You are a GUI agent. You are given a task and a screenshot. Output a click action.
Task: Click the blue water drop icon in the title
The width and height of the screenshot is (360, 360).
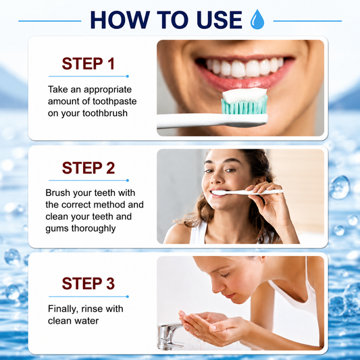click(x=257, y=20)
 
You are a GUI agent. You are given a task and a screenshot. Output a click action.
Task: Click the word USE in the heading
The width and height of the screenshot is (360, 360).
click(x=220, y=20)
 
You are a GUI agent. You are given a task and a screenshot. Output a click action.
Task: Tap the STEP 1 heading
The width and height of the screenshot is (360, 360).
click(x=88, y=63)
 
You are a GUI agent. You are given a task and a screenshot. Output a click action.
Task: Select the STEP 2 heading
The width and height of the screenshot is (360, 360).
click(x=88, y=168)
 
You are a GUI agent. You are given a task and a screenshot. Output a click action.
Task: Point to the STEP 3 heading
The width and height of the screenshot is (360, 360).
click(x=88, y=284)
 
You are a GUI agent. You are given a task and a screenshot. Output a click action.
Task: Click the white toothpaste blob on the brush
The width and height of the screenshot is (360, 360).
click(x=245, y=95)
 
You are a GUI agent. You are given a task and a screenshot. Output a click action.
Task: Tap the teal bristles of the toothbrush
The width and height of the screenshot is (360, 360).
click(x=245, y=107)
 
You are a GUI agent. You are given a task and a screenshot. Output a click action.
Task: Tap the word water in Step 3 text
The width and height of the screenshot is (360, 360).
click(x=88, y=321)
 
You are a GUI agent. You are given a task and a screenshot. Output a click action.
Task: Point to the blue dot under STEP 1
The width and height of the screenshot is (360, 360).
click(x=128, y=76)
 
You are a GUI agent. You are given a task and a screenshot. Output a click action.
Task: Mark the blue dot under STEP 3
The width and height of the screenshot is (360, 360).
click(x=128, y=297)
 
